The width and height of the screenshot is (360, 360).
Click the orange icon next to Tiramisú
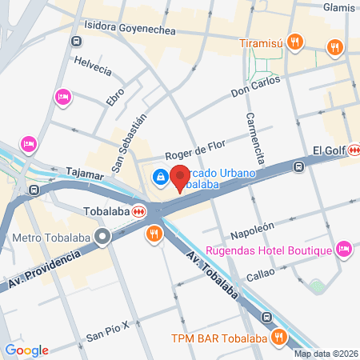[296, 42]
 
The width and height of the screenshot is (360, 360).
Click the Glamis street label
[339, 6]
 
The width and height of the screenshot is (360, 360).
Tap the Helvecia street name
[92, 65]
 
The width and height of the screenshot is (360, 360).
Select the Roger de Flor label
[195, 149]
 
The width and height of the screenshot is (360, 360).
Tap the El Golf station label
[328, 151]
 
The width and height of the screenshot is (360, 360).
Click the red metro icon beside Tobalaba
[139, 212]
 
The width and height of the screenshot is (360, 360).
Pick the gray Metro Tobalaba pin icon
[102, 237]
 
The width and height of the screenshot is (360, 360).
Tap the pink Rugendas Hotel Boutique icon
[344, 250]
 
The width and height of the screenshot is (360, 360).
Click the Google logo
[27, 350]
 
